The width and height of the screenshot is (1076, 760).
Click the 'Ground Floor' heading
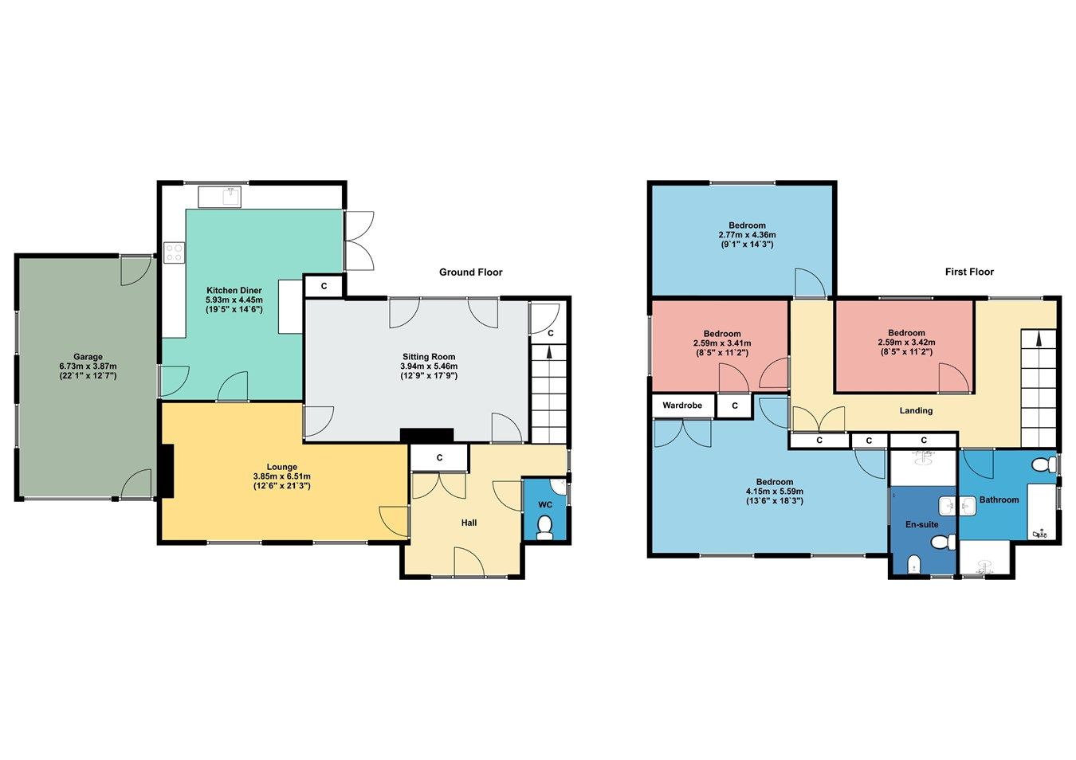click(x=470, y=272)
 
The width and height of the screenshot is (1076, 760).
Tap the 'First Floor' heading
click(x=969, y=272)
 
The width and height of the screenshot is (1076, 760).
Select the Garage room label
click(x=88, y=357)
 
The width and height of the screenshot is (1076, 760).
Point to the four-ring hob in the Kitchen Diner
click(x=174, y=253)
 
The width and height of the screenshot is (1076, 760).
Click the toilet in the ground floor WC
click(x=545, y=527)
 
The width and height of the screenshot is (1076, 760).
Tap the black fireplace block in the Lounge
click(x=166, y=471)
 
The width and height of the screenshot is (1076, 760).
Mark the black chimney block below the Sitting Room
click(x=426, y=435)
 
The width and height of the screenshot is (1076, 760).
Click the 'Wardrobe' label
click(x=682, y=405)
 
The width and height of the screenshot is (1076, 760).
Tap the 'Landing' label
click(x=916, y=411)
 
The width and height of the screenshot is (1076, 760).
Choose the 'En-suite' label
click(x=921, y=525)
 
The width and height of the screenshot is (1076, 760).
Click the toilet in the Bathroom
click(x=1041, y=464)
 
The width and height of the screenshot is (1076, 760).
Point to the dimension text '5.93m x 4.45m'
click(x=234, y=300)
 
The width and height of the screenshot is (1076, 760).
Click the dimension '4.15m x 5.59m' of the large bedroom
click(x=774, y=492)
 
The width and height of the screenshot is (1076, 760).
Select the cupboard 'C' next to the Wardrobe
click(x=734, y=406)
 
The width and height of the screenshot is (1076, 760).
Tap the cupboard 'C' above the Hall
click(x=439, y=458)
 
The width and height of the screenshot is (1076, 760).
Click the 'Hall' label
click(x=469, y=523)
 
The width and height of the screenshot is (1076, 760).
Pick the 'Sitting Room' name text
click(x=428, y=357)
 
